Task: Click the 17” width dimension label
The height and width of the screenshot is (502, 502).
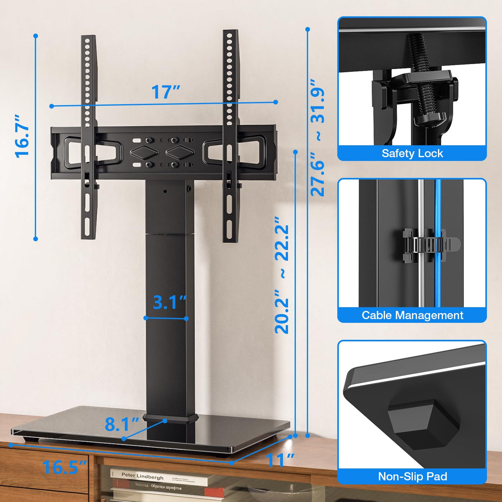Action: (x=165, y=92)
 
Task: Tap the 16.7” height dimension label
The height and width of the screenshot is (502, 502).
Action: (x=23, y=135)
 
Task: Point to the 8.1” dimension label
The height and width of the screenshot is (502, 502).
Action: (x=122, y=424)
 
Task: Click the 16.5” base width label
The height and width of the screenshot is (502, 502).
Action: (x=64, y=467)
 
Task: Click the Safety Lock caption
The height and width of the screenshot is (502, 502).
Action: (x=412, y=153)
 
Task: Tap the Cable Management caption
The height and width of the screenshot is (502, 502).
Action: (x=412, y=315)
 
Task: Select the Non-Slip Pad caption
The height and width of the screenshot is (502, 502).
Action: (x=412, y=476)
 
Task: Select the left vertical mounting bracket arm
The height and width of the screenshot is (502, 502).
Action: (x=88, y=136)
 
